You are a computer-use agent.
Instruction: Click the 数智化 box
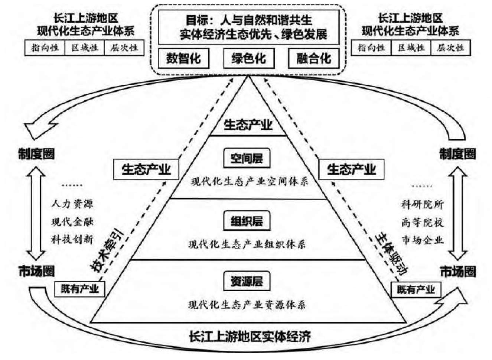pyautogui.click(x=183, y=58)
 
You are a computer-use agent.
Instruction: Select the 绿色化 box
pyautogui.click(x=248, y=58)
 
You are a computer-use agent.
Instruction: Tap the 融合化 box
pyautogui.click(x=314, y=58)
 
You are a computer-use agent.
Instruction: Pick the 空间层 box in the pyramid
pyautogui.click(x=247, y=159)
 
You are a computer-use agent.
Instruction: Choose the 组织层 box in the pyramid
pyautogui.click(x=247, y=221)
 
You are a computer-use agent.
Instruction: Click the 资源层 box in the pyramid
pyautogui.click(x=247, y=281)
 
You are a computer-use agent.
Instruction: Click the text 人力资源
pyautogui.click(x=72, y=204)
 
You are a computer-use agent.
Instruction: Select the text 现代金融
pyautogui.click(x=72, y=222)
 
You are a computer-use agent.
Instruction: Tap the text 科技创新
pyautogui.click(x=72, y=240)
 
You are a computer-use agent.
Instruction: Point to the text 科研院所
pyautogui.click(x=422, y=204)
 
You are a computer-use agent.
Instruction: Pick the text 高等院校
pyautogui.click(x=422, y=222)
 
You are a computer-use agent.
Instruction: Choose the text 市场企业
pyautogui.click(x=422, y=240)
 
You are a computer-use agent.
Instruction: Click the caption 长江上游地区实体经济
pyautogui.click(x=250, y=337)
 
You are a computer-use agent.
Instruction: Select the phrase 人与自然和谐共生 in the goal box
pyautogui.click(x=266, y=20)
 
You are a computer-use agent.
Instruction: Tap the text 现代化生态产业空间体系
pyautogui.click(x=249, y=181)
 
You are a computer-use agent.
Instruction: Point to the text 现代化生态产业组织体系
pyautogui.click(x=247, y=244)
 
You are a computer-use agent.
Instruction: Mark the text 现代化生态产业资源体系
pyautogui.click(x=247, y=305)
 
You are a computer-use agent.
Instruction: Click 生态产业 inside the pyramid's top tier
pyautogui.click(x=248, y=125)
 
